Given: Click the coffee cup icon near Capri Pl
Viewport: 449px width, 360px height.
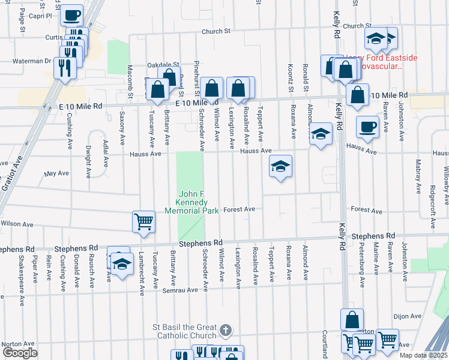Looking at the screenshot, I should point(72,14).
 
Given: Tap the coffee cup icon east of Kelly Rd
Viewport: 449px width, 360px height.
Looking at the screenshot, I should point(367,127).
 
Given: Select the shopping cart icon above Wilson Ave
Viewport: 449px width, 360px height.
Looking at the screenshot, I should point(143,221).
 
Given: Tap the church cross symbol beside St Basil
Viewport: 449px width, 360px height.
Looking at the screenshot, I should point(225,330).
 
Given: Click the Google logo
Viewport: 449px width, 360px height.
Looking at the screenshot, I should point(19,352).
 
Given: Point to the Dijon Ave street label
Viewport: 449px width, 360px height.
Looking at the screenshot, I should point(408,316).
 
